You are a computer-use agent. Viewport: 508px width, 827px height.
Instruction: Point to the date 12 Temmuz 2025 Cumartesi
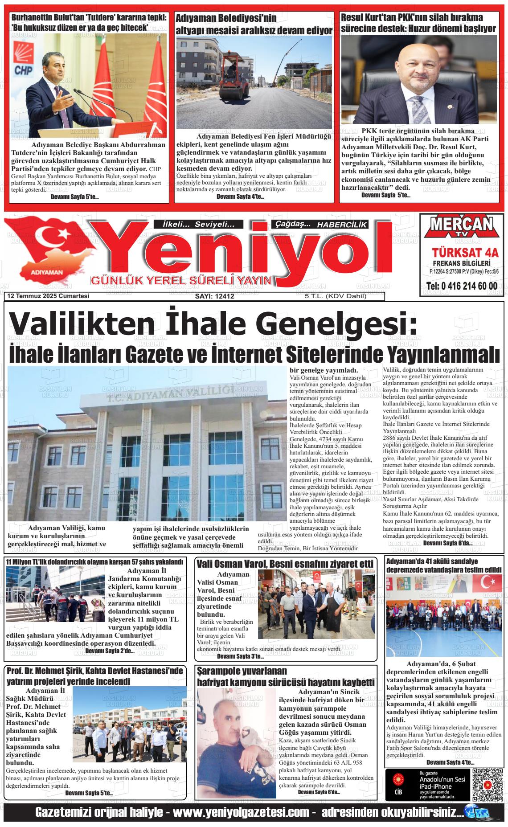click(48, 296)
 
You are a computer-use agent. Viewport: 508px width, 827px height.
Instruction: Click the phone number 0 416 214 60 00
click(462, 286)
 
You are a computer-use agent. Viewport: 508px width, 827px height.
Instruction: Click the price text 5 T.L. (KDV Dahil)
click(335, 296)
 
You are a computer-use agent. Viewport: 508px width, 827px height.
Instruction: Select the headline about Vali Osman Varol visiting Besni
click(285, 564)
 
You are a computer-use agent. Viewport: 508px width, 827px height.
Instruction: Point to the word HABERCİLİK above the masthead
click(342, 225)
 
